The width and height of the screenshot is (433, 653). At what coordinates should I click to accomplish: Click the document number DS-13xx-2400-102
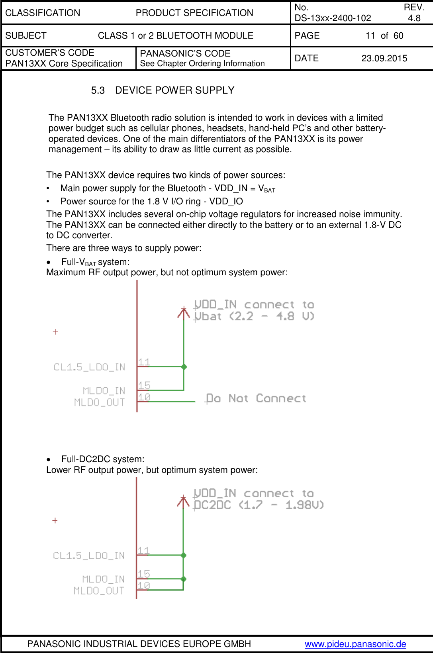point(333,18)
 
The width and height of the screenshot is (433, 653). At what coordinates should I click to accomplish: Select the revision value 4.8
point(414,18)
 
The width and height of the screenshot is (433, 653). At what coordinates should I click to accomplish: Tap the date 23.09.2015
point(384,58)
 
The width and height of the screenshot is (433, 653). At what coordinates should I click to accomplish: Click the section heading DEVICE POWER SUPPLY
point(174,90)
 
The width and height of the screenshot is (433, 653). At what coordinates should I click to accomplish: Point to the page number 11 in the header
point(370,36)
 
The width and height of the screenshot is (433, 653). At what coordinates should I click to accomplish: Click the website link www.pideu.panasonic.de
point(355,644)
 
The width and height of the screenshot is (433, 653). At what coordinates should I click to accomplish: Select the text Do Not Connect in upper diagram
point(256,398)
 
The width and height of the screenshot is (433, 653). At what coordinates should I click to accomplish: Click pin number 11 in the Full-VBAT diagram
point(144,362)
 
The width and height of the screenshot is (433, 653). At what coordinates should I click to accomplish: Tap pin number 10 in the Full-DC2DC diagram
point(143,585)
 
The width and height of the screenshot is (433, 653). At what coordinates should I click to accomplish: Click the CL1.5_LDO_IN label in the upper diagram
point(89,367)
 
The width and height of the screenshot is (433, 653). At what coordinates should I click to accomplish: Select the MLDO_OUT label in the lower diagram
point(99,591)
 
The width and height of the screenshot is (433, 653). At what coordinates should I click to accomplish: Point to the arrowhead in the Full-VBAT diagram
point(184,312)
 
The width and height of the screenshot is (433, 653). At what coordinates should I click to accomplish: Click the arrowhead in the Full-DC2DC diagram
point(183,501)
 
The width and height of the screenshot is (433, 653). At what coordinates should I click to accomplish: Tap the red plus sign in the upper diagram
point(55,332)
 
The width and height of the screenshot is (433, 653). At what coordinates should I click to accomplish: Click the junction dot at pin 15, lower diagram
point(184,579)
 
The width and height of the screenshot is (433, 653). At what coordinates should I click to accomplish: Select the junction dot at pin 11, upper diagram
point(184,367)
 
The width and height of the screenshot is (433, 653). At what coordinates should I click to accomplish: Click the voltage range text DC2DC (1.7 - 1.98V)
point(258,505)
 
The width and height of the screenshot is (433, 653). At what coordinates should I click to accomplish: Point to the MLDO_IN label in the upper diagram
point(104,390)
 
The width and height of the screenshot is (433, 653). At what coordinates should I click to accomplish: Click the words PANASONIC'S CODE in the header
point(185,53)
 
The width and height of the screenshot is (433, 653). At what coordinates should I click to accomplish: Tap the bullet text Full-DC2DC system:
point(102,459)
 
